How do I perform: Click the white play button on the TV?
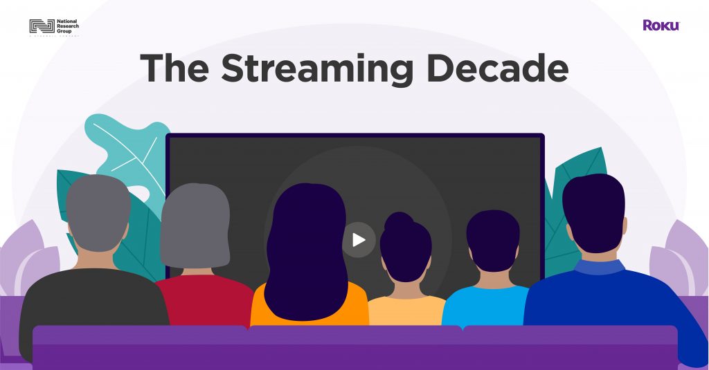coord(359,240)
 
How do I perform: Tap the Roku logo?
coord(661,25)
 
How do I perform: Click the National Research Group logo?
coord(54,27)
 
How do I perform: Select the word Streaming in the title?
coord(317,68)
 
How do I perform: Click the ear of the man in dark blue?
coord(624,225)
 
